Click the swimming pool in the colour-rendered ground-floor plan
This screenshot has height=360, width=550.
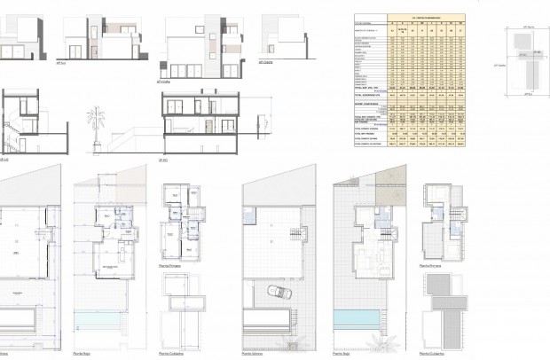[354, 319]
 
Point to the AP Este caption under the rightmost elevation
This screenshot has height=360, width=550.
[263, 63]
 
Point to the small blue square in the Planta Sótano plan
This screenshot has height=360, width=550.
[250, 219]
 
